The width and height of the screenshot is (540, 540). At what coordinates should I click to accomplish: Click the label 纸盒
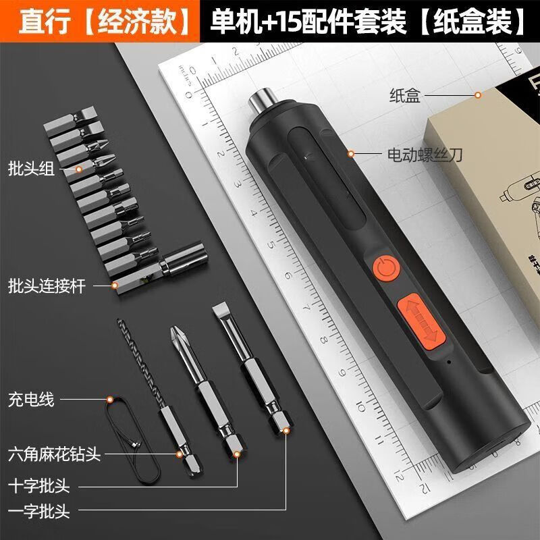[x=404, y=96]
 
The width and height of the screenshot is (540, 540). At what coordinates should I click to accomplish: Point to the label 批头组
[x=32, y=168]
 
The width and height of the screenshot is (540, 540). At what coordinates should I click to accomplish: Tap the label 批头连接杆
[x=47, y=286]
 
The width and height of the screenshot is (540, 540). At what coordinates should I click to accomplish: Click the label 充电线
[x=32, y=400]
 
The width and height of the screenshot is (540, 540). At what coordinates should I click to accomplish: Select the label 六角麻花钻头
[x=55, y=454]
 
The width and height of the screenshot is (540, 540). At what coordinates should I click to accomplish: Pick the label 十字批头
[x=40, y=485]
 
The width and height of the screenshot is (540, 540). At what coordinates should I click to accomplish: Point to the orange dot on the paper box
[x=478, y=95]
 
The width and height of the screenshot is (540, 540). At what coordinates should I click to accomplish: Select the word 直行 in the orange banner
[x=38, y=22]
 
